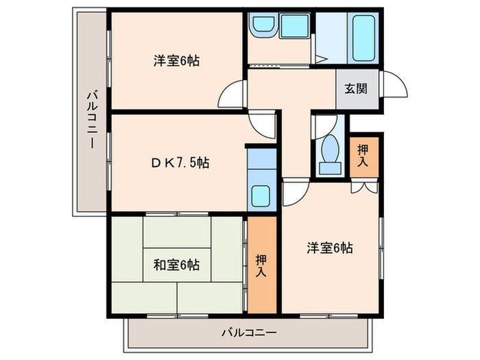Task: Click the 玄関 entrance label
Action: [x=355, y=88]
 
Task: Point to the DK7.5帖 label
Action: [x=180, y=163]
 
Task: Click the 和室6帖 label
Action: [x=177, y=264]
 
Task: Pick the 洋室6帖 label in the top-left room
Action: [x=176, y=60]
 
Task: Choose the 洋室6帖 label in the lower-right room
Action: [x=329, y=248]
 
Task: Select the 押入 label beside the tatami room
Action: [x=262, y=264]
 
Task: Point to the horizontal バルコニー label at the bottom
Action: [x=249, y=333]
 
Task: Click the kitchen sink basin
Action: [x=260, y=197]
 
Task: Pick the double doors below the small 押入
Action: [x=363, y=187]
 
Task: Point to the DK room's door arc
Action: [x=263, y=123]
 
